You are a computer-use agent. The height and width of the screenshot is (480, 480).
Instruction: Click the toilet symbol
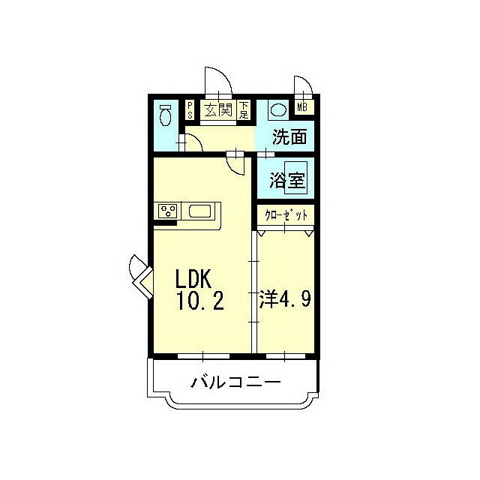point(166,115)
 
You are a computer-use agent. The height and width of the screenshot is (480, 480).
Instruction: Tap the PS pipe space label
point(190,110)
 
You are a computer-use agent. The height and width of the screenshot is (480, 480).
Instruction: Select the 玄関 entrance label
point(218,109)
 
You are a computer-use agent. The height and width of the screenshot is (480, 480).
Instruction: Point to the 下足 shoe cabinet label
point(244,110)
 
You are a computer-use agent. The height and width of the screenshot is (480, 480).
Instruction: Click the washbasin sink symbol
point(278,110)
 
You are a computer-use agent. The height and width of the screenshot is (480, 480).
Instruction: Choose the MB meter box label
point(302,107)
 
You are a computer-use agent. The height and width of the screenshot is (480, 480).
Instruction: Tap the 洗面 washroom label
point(289,136)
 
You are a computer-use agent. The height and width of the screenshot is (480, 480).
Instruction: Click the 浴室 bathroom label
point(287,181)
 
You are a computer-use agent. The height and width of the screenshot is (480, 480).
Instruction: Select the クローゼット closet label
point(286,215)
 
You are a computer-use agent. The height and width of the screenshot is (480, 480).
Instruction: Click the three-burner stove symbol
point(167,211)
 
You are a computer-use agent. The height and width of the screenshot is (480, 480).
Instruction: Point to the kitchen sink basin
point(200,211)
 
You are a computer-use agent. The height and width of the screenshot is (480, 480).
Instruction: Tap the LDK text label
point(193,278)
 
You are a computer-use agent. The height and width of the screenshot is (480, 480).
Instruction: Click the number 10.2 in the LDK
point(200,301)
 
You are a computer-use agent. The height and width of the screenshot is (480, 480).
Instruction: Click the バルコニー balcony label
point(235,382)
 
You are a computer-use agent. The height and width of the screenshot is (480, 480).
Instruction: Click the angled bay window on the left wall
point(142,276)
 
